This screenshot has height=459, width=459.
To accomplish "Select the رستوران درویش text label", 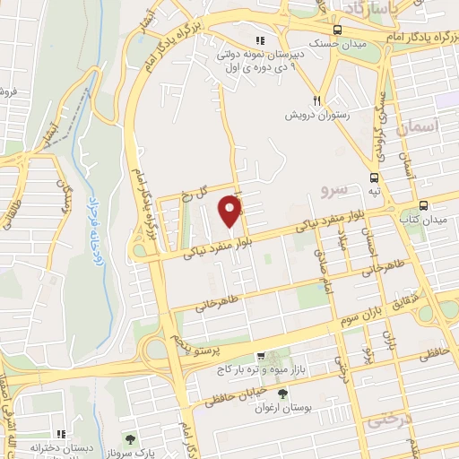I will click(316, 116).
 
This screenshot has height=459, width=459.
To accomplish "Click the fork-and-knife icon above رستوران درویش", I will click(316, 100).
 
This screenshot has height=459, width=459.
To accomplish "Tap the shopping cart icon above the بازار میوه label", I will click(261, 355).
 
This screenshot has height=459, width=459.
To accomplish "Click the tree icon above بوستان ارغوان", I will click(284, 394).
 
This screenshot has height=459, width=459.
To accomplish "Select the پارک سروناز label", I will click(132, 454).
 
